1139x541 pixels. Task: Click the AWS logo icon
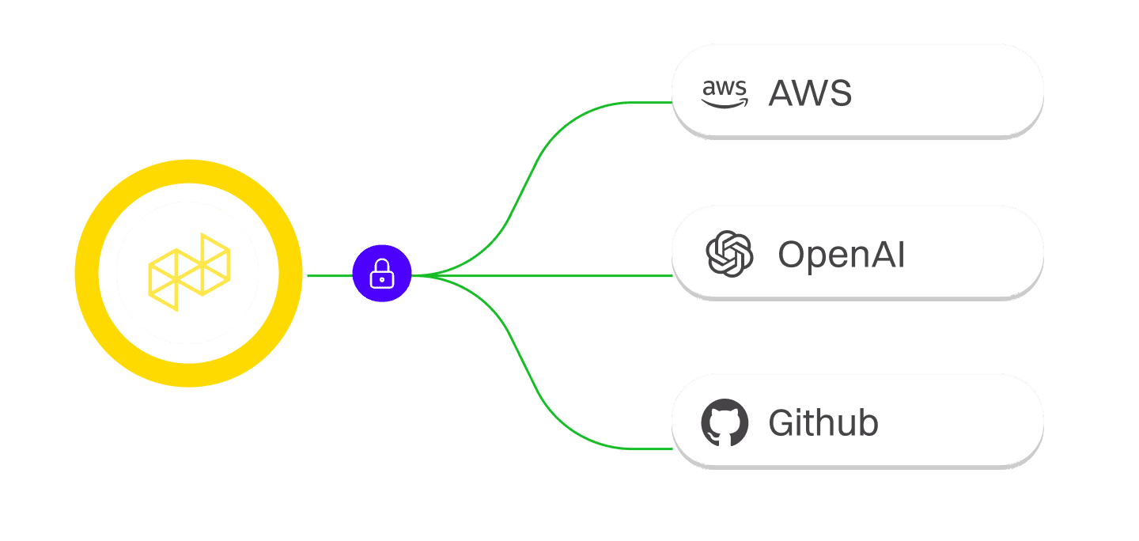[724, 93]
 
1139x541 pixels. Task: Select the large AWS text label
[810, 94]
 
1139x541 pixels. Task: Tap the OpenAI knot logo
[728, 254]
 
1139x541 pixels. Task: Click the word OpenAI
[841, 255]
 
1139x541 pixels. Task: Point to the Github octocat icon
[725, 423]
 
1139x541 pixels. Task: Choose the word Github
[823, 424]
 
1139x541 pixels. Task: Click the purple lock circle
[382, 274]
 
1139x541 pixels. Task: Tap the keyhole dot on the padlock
[382, 279]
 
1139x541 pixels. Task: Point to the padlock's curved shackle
[382, 265]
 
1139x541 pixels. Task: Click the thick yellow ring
[187, 175]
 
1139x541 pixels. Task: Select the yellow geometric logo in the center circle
[189, 271]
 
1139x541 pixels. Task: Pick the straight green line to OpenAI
[554, 276]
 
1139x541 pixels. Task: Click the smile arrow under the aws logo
[725, 104]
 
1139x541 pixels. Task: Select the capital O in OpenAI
[792, 255]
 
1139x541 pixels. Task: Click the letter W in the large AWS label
[811, 94]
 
